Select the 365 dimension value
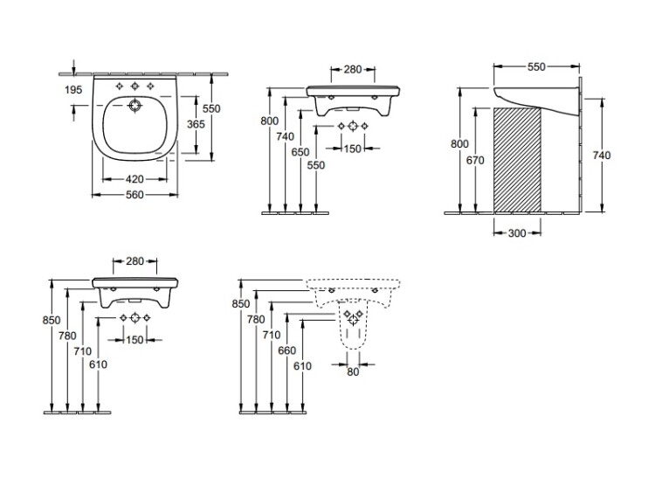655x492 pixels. [x=197, y=125]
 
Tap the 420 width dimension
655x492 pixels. [x=135, y=180]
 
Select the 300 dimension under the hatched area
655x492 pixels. [x=516, y=234]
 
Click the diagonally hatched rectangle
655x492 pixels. [x=516, y=159]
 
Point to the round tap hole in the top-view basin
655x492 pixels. [x=134, y=107]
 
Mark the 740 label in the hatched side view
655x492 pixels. [x=601, y=154]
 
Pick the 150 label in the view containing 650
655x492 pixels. [x=353, y=148]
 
